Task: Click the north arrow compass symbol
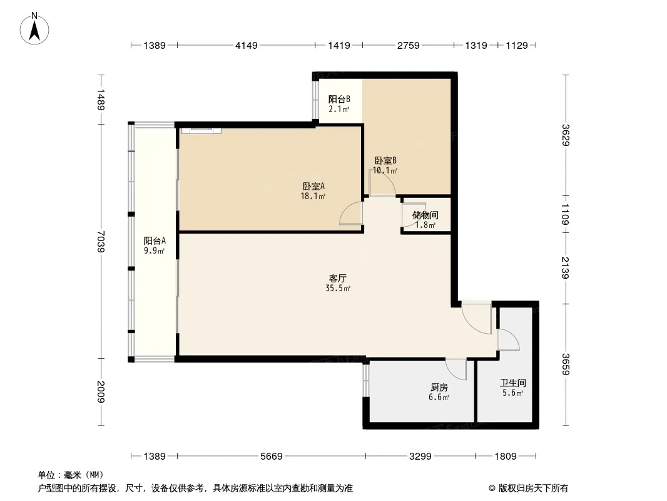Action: coord(34,29)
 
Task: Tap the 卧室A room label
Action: coord(313,187)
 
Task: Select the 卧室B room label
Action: coord(385,161)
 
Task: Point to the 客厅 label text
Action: coord(338,279)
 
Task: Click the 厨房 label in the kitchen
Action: coord(439,388)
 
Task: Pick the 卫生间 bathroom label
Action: coord(512,383)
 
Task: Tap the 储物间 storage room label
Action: coord(425,215)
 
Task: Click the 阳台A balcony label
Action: coord(155,241)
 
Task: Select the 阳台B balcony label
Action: coord(339,99)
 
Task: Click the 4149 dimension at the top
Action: coord(247,45)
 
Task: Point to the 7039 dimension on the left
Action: coord(101,241)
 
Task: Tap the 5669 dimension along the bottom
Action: coord(272,457)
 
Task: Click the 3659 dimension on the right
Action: coord(566,364)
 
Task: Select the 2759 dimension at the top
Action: coord(409,45)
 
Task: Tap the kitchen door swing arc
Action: coord(456,369)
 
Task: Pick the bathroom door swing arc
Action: coord(509,339)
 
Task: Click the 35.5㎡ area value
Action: coord(338,289)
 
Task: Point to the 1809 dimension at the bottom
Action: coord(506,457)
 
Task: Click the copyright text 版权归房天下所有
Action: coord(533,488)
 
